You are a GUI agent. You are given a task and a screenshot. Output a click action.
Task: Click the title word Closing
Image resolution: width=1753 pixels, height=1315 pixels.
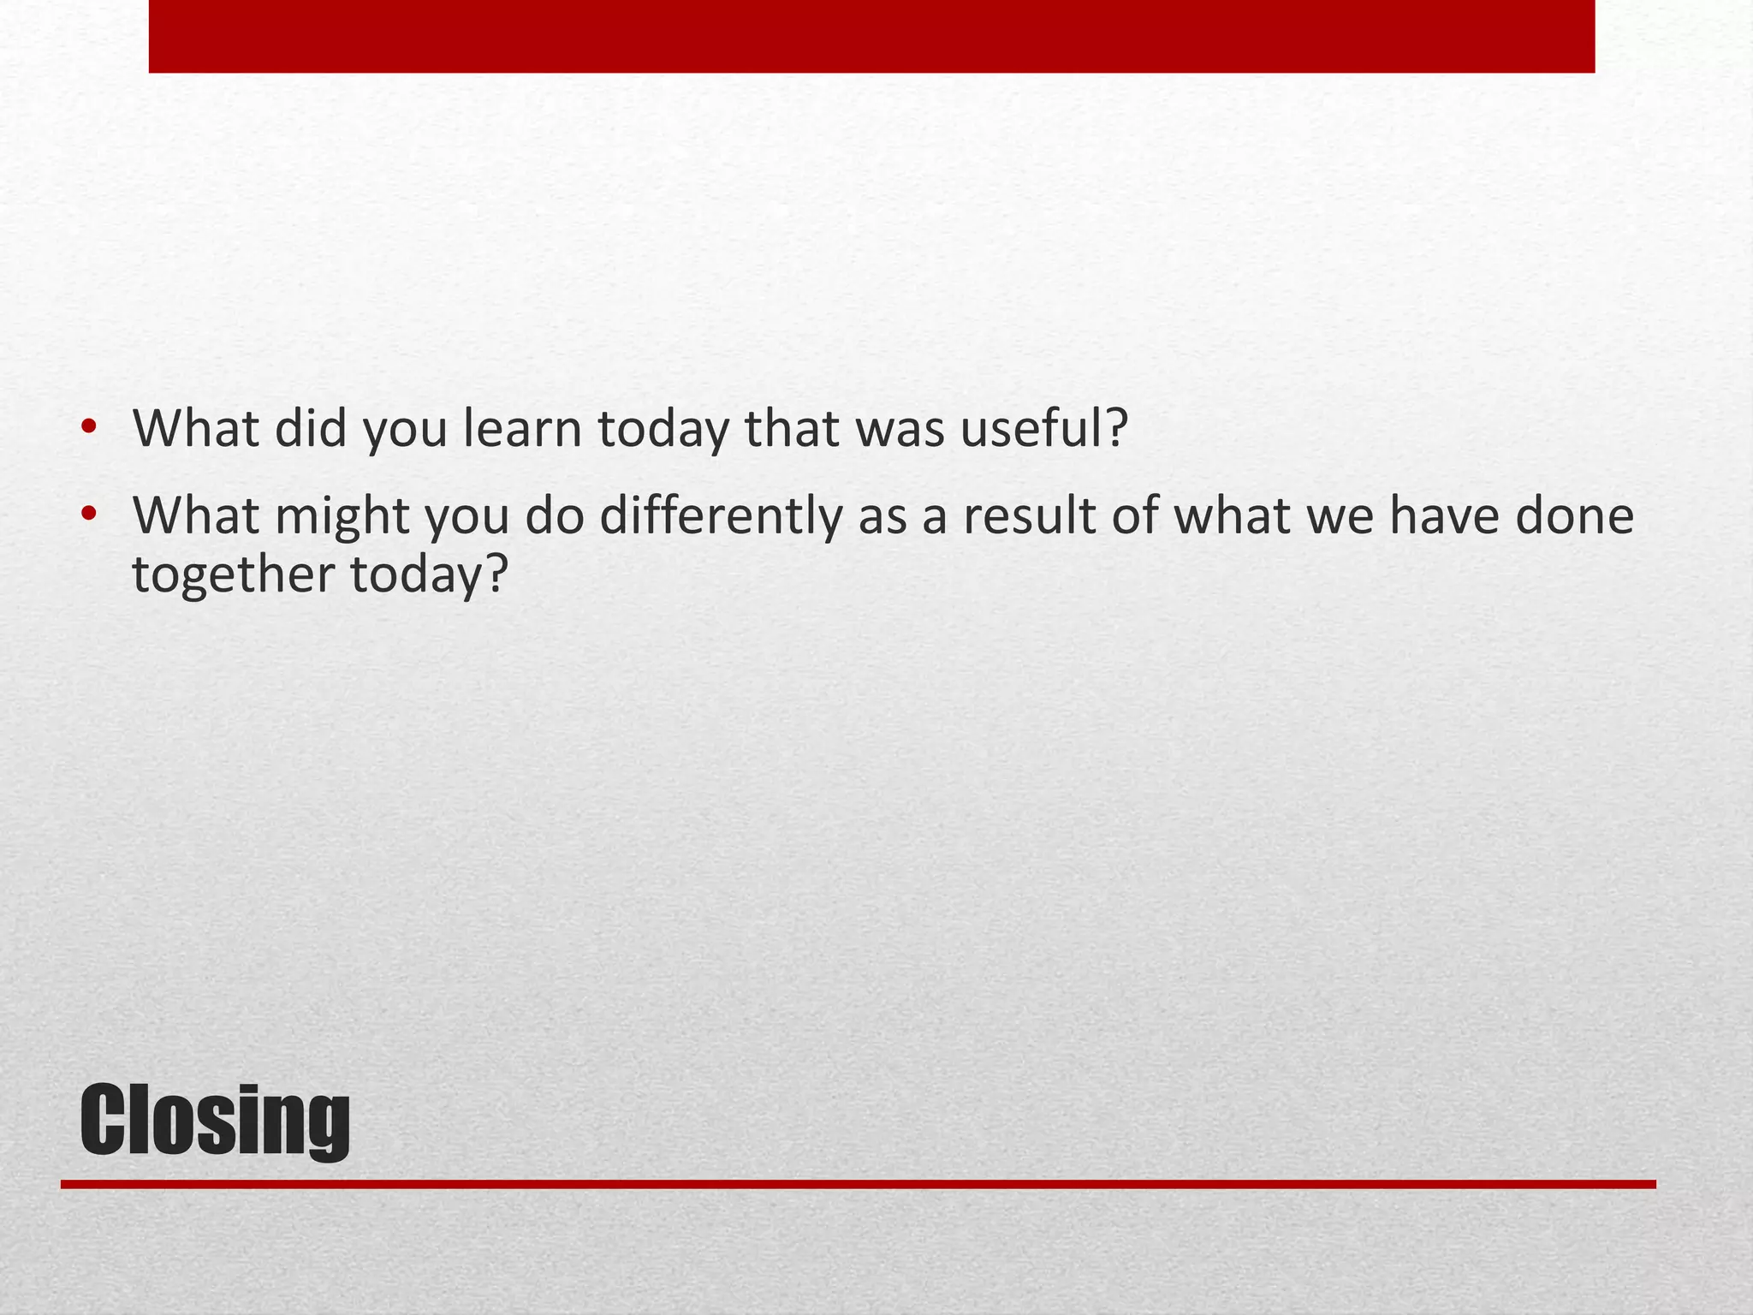pyautogui.click(x=215, y=1119)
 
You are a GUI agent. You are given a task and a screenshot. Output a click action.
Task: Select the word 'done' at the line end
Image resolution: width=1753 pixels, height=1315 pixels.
pyautogui.click(x=1574, y=515)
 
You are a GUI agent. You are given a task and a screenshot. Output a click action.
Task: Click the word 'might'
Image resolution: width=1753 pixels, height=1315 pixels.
pyautogui.click(x=342, y=517)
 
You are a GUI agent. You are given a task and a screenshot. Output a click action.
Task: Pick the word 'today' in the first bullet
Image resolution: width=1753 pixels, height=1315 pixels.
pyautogui.click(x=663, y=430)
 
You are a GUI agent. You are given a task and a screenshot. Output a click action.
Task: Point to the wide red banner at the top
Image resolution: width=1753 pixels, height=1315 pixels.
pyautogui.click(x=871, y=36)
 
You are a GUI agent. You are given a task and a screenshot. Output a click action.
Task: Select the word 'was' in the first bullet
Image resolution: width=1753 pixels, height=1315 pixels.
pyautogui.click(x=898, y=430)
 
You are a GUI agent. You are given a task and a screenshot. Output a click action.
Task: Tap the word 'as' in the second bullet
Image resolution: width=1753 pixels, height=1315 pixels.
pyautogui.click(x=882, y=517)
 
